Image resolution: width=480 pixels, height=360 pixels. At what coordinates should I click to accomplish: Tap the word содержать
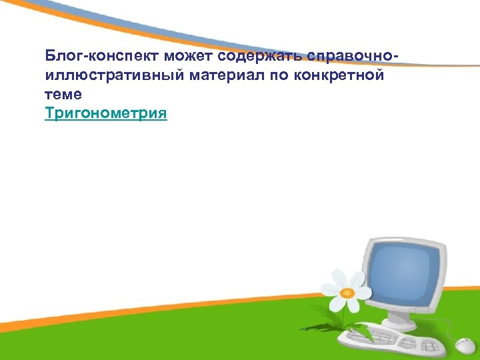(x=253, y=55)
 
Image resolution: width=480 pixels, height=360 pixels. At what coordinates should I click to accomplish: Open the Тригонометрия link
(x=106, y=114)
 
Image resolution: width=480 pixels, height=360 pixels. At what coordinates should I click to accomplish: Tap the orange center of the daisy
(x=347, y=293)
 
